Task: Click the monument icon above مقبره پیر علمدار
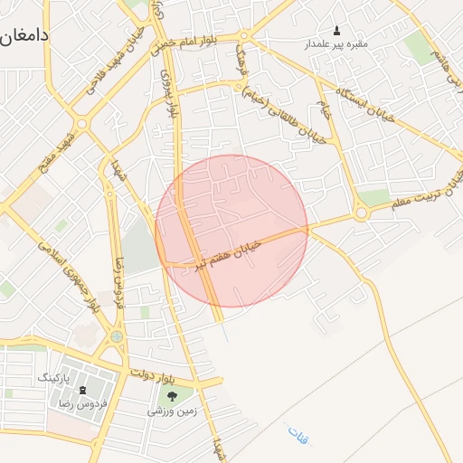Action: click(x=338, y=30)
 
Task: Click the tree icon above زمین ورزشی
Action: click(x=173, y=395)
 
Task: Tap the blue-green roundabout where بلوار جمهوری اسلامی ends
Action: click(x=116, y=336)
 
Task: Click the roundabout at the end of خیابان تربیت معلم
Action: click(x=361, y=213)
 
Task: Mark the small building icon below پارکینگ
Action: click(x=82, y=389)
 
